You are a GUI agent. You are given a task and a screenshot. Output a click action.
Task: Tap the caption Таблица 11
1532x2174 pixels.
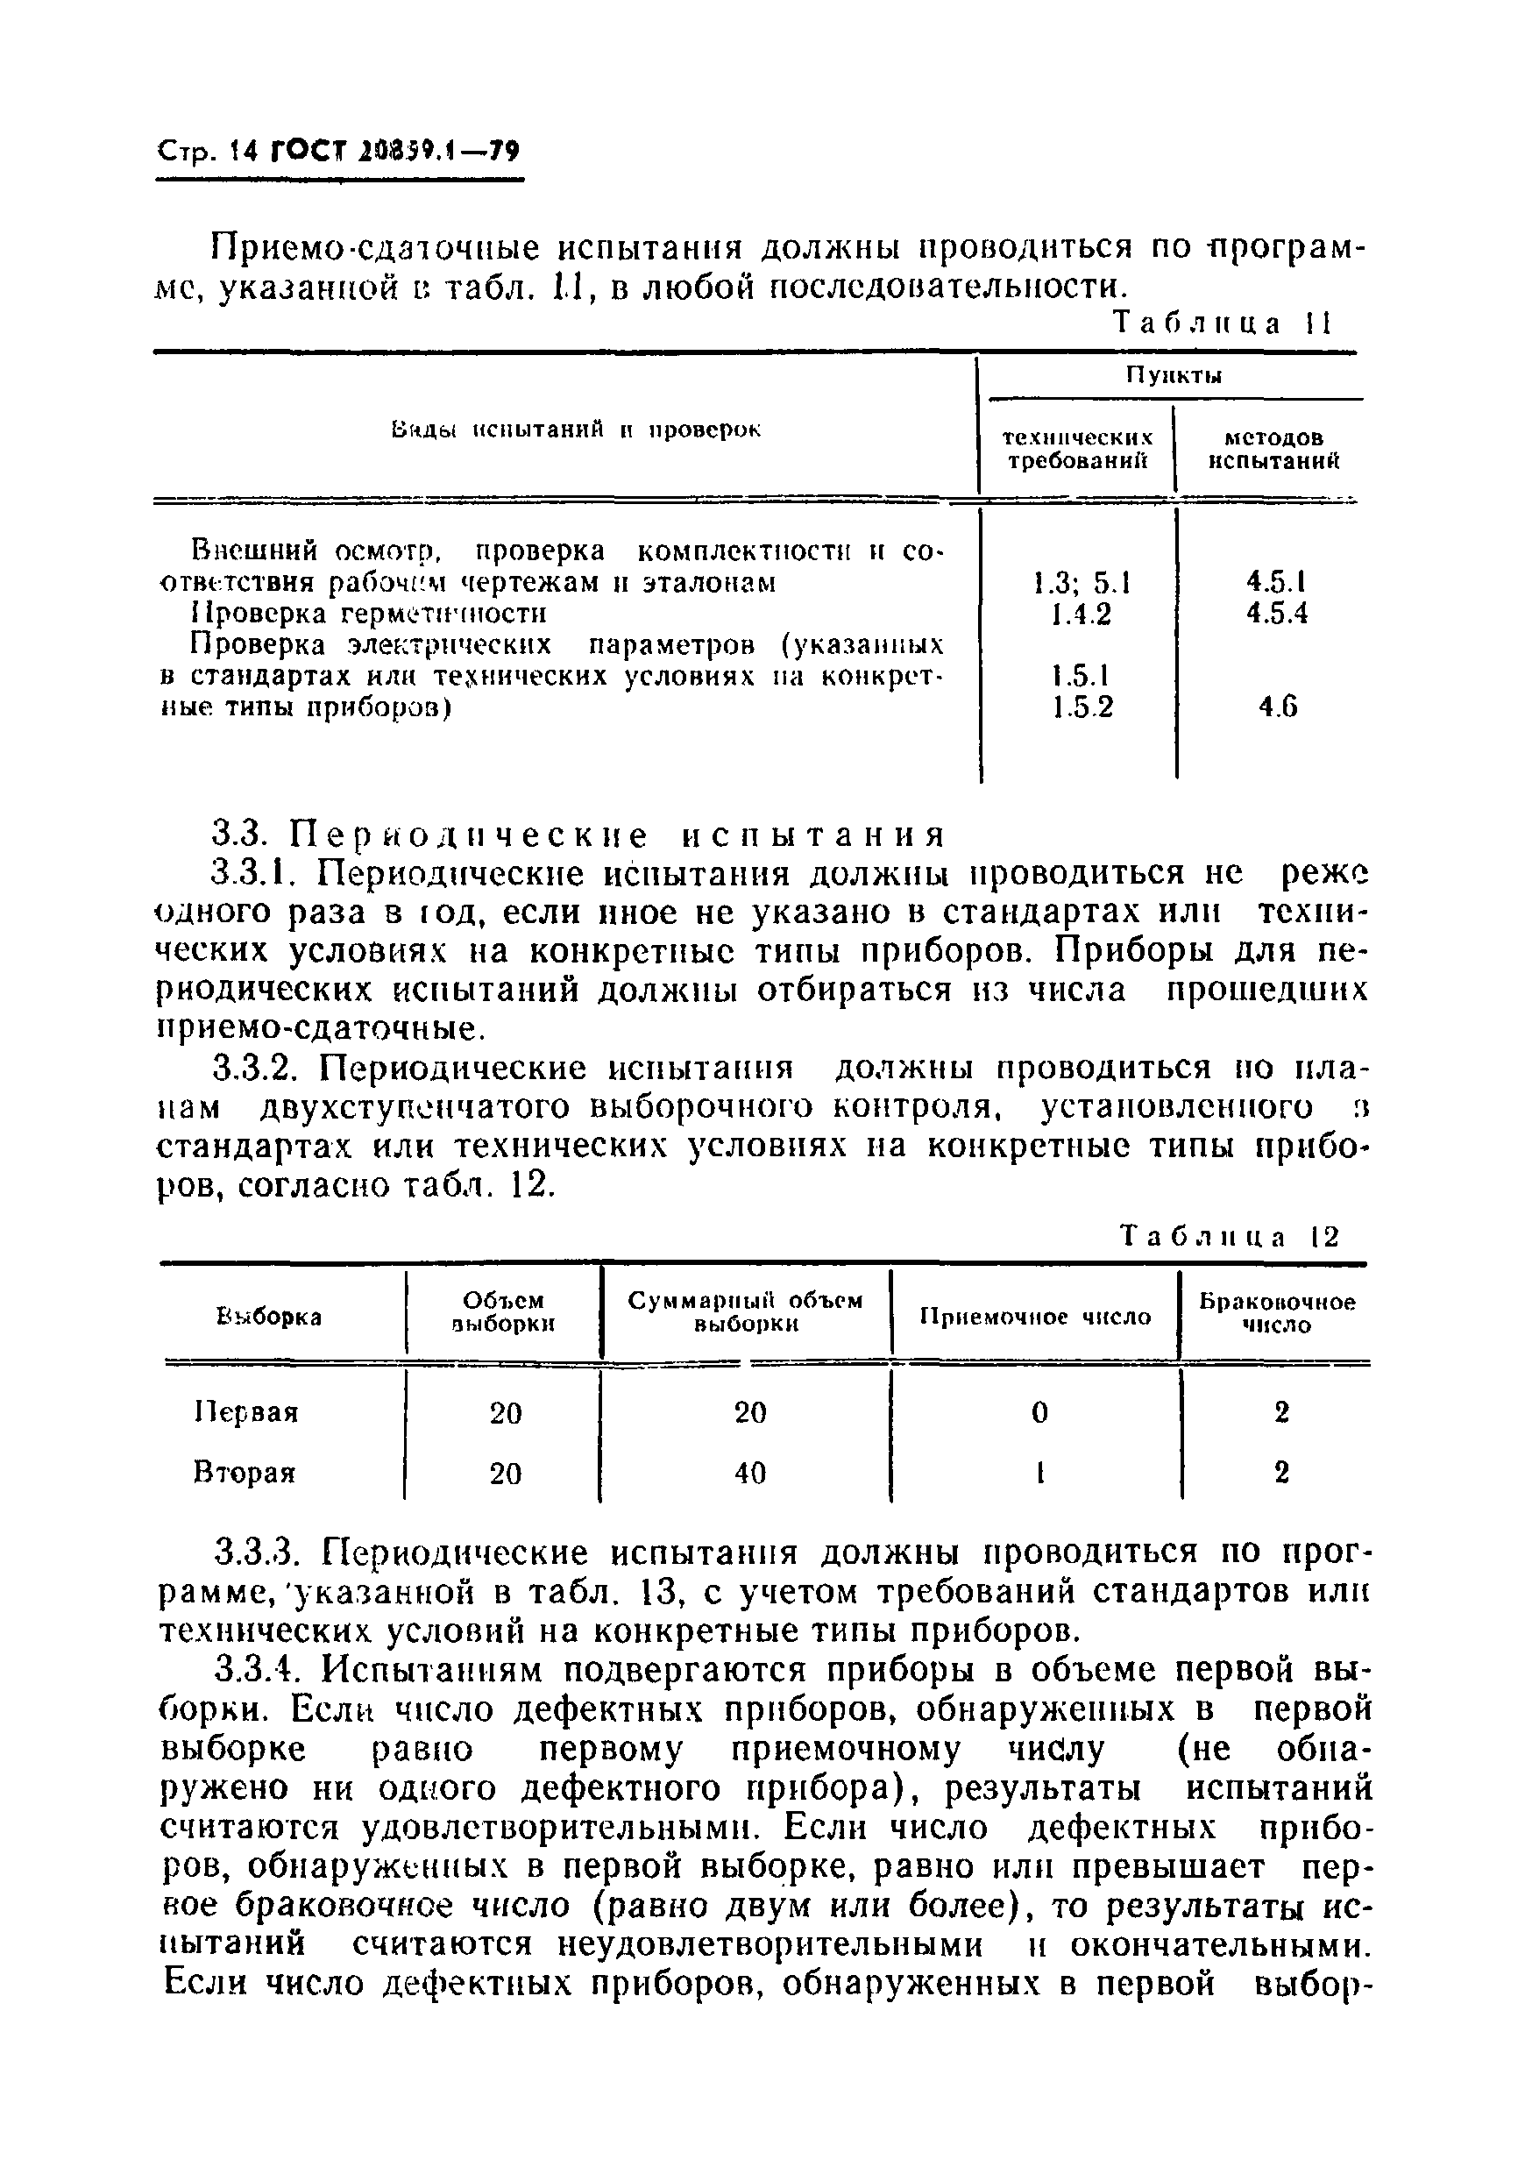click(1223, 323)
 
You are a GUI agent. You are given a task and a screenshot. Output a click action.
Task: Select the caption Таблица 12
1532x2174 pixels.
click(1230, 1237)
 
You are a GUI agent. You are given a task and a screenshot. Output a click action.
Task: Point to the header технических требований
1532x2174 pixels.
click(1077, 450)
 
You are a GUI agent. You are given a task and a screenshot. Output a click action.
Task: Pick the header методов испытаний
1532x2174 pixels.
click(1274, 450)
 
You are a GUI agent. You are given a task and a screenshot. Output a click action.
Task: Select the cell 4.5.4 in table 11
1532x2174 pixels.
click(1276, 614)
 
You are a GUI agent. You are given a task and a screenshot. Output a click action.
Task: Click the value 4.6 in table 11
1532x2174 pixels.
click(1277, 707)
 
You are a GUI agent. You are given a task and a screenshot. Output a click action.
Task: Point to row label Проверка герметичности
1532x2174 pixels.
click(368, 614)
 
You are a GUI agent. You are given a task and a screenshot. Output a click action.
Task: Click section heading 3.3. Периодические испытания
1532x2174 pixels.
click(578, 835)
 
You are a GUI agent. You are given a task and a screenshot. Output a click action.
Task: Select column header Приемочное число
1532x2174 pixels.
click(1035, 1317)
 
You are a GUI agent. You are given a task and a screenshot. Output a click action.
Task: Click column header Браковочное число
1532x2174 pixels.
click(1276, 1313)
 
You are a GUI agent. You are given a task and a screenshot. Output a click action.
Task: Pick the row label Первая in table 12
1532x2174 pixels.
click(246, 1413)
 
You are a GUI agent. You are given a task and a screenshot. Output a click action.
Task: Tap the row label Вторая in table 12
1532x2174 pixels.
click(245, 1474)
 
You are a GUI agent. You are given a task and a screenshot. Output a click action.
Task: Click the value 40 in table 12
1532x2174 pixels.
click(749, 1474)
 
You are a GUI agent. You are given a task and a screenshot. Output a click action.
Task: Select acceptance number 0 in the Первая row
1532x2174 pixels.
click(1039, 1413)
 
